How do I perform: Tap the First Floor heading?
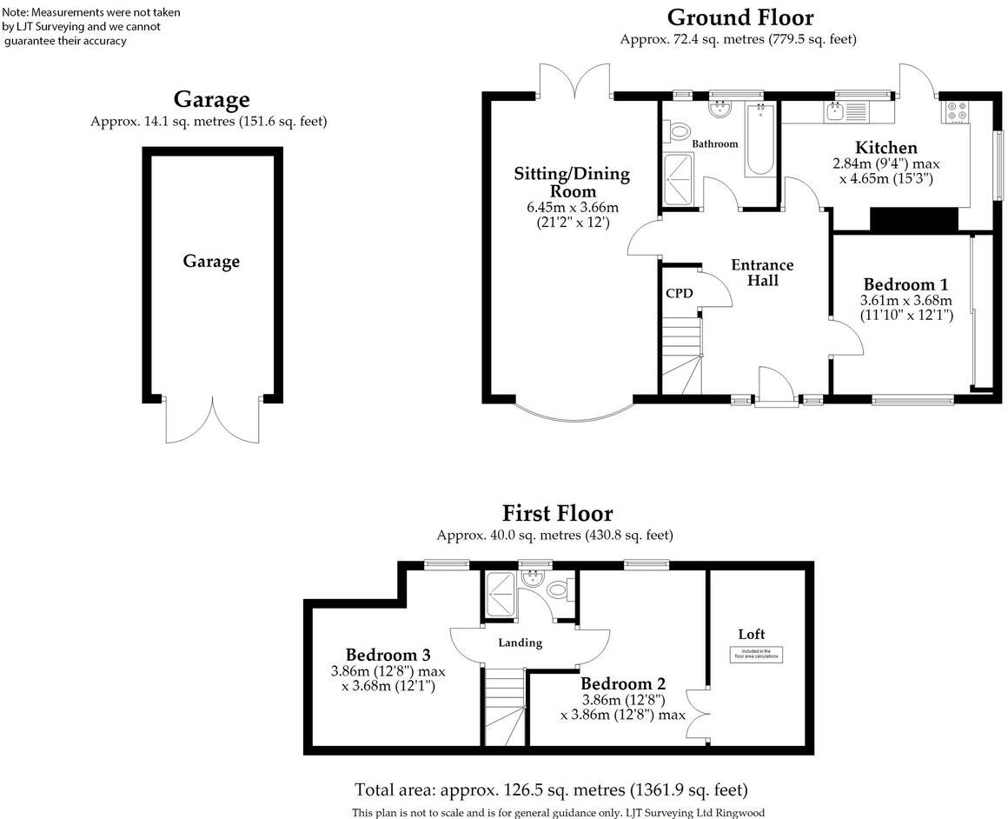557,513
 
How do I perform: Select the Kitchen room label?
885,147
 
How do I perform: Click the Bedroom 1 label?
905,284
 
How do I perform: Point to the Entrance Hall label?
762,272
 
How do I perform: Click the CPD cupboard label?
679,293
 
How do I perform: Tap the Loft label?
752,634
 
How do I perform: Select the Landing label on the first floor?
520,643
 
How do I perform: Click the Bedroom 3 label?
388,655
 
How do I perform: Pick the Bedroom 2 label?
623,683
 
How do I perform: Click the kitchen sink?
835,110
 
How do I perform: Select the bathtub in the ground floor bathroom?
759,139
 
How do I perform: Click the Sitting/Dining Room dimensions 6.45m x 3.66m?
572,207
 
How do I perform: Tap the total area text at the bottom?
551,790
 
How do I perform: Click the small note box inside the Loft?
755,655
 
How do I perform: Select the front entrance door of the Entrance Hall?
776,387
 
